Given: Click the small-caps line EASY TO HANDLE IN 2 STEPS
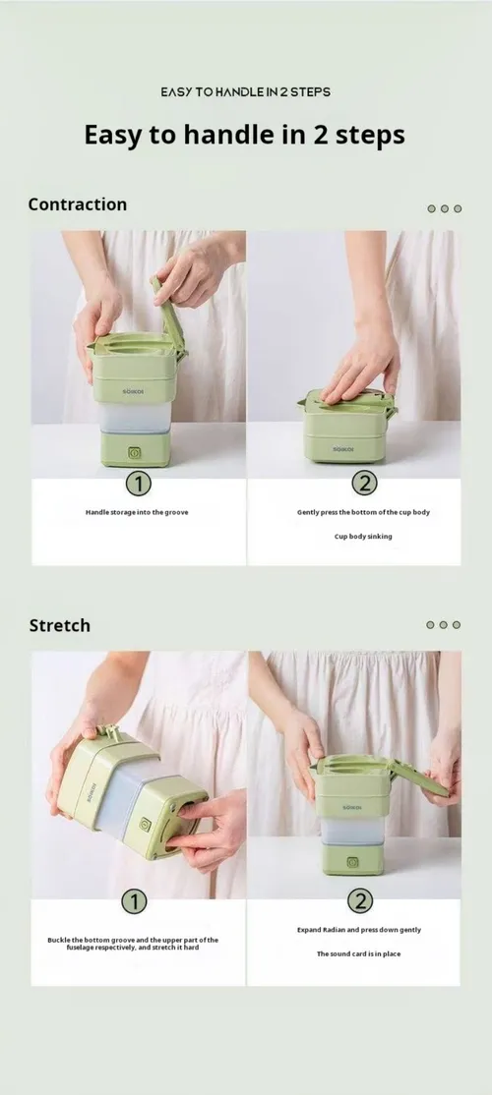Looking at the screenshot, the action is click(245, 92).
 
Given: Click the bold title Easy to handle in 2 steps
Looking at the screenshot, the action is click(245, 134).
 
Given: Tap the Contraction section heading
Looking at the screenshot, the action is click(78, 204).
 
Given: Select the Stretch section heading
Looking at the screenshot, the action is click(59, 626).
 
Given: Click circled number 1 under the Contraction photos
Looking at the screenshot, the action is click(138, 484).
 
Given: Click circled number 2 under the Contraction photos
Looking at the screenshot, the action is click(363, 484).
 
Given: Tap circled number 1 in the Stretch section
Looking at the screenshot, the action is click(134, 901).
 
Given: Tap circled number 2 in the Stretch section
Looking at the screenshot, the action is click(360, 901).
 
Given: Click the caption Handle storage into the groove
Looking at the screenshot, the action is click(137, 512).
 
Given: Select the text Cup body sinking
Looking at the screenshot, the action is click(363, 537).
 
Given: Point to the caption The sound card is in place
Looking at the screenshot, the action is click(358, 953).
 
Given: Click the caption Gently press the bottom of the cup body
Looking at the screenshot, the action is click(363, 512).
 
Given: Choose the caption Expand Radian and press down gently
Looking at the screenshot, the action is click(358, 930).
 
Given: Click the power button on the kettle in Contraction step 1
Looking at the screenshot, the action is click(134, 452).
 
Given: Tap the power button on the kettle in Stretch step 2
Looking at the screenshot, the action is click(353, 862).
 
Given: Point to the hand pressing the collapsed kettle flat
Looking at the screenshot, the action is click(360, 368).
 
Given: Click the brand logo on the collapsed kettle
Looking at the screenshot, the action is click(342, 449).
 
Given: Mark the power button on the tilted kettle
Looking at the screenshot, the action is click(145, 825).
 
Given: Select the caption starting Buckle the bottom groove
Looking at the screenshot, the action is click(133, 944).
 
